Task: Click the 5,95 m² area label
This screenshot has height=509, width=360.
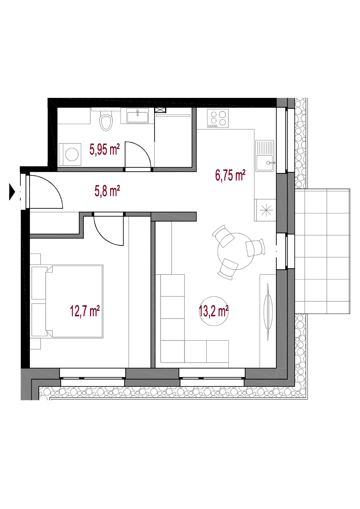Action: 105,150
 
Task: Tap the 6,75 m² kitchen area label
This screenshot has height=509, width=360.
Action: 230,175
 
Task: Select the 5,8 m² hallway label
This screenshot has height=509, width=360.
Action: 107,191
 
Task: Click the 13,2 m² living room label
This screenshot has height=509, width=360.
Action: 213,311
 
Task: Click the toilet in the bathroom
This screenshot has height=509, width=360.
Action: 107,121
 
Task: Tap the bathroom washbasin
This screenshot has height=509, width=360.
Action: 138,116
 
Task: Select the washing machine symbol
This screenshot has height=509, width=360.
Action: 70,154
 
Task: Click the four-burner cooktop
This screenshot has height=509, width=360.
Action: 218,118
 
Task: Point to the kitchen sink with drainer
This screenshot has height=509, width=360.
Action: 265,156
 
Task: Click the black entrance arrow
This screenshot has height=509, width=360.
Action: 12,192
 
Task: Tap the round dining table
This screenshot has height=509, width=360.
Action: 235,251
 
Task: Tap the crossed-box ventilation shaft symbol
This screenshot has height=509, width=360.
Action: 160,110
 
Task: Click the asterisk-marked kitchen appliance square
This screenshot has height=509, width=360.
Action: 266,210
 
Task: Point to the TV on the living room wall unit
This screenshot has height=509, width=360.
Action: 268,312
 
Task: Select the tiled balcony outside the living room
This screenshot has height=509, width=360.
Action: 322,251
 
